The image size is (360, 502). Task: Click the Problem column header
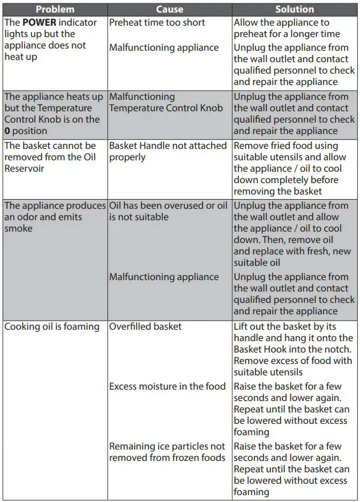pyautogui.click(x=55, y=9)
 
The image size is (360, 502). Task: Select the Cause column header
pyautogui.click(x=169, y=9)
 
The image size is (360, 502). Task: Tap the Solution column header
pyautogui.click(x=294, y=9)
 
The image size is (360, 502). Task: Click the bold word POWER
pyautogui.click(x=39, y=23)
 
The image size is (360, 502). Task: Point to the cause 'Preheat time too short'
pyautogui.click(x=157, y=23)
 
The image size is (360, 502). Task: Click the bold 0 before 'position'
pyautogui.click(x=7, y=131)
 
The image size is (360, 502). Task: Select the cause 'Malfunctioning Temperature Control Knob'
pyautogui.click(x=166, y=103)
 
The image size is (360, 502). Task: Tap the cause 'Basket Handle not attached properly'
pyautogui.click(x=168, y=151)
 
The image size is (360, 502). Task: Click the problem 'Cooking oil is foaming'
pyautogui.click(x=52, y=327)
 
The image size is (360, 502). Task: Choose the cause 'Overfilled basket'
pyautogui.click(x=145, y=327)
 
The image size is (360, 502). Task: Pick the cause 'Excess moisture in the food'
pyautogui.click(x=167, y=386)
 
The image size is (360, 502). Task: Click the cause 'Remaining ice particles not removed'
pyautogui.click(x=167, y=452)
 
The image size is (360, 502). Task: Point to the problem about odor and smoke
pyautogui.click(x=55, y=217)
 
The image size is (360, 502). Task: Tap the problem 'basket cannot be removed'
pyautogui.click(x=50, y=151)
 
